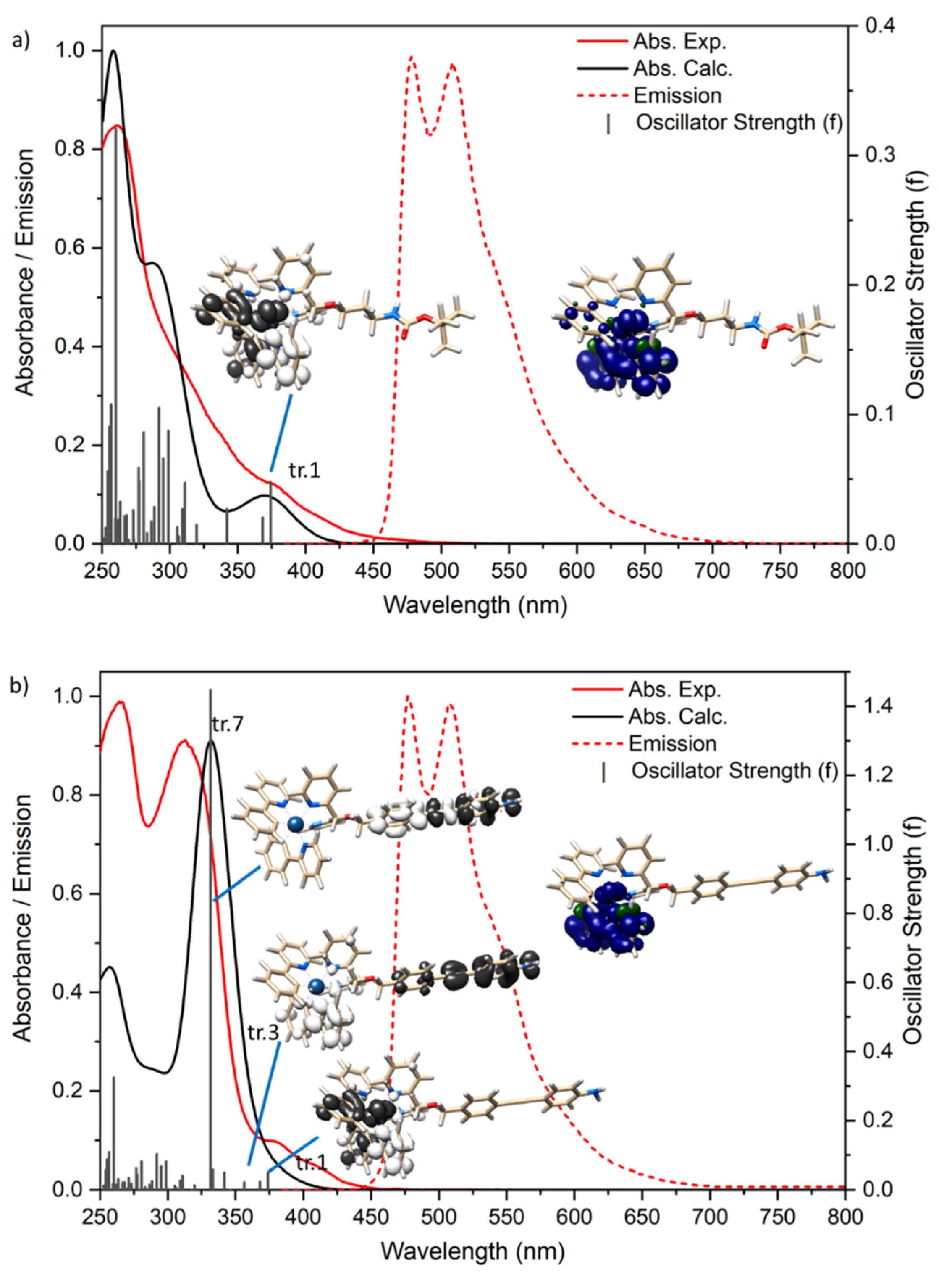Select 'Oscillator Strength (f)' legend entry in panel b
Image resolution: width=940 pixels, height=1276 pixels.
coord(734,770)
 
